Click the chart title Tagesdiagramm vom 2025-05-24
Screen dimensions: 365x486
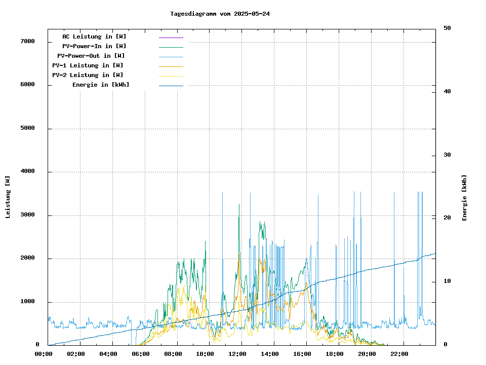(x=220, y=14)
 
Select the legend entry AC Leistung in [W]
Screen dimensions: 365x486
(x=94, y=36)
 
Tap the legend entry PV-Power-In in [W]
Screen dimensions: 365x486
(x=94, y=46)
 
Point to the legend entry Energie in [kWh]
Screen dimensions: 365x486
(x=101, y=85)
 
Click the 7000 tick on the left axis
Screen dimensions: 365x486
(x=27, y=41)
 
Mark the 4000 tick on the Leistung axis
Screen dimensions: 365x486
(x=27, y=171)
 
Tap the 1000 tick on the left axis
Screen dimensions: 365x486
(x=27, y=302)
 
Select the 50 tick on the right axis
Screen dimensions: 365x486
(x=447, y=28)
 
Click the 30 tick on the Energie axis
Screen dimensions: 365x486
(x=447, y=155)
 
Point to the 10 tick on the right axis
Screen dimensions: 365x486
(x=447, y=281)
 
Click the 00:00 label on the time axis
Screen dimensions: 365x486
(x=44, y=354)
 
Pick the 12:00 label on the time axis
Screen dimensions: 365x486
(x=237, y=354)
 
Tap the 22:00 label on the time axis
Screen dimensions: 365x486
(x=399, y=354)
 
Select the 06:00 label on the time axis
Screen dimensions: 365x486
(x=141, y=354)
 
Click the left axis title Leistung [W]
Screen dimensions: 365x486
(x=8, y=197)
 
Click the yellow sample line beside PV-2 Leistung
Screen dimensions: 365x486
(x=171, y=76)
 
